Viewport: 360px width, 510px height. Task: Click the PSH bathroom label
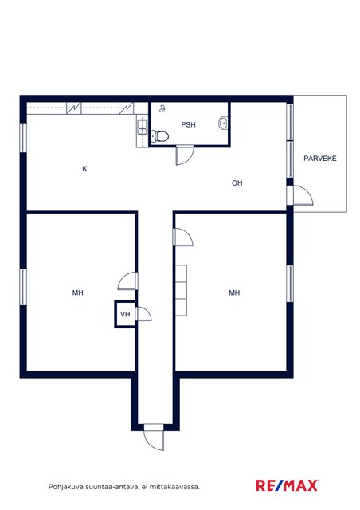[x=188, y=124]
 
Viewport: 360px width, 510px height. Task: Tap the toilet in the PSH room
[x=159, y=136]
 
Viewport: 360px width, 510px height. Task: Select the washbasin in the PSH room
[x=223, y=123]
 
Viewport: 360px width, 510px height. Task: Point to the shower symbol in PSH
[x=162, y=108]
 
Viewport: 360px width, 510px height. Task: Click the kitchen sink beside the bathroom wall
[x=143, y=127]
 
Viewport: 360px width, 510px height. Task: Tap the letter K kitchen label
[x=84, y=169]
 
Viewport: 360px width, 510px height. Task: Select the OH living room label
[x=237, y=183]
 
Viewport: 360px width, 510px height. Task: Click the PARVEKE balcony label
[x=320, y=159]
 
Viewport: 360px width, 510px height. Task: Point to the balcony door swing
[x=303, y=195]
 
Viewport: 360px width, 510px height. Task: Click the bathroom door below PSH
[x=185, y=155]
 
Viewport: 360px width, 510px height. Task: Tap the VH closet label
[x=125, y=314]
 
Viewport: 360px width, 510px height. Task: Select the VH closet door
[x=143, y=314]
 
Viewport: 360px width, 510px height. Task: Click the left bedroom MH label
[x=78, y=292]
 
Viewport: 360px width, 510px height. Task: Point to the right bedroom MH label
[x=234, y=292]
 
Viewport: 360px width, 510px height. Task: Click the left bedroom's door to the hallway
[x=127, y=280]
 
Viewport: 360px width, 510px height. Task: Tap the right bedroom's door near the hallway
[x=183, y=237]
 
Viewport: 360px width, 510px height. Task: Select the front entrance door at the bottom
[x=154, y=437]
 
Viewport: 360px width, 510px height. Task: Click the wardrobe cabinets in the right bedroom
[x=181, y=290]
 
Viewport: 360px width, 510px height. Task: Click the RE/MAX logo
[x=288, y=485]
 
